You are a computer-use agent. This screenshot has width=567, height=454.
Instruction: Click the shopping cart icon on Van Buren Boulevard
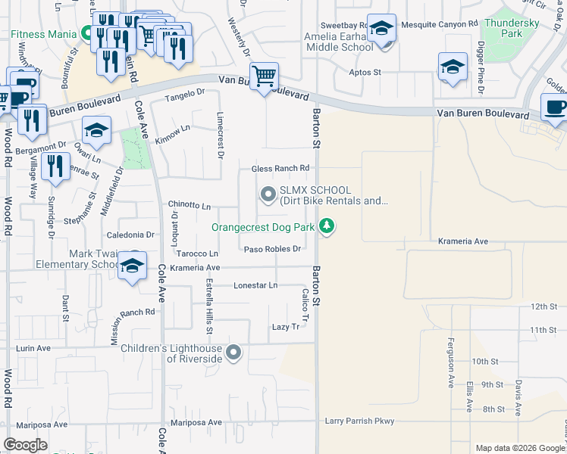(264, 76)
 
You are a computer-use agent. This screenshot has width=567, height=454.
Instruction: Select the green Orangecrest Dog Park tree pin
(327, 225)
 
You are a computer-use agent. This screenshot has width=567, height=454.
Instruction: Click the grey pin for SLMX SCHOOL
(268, 195)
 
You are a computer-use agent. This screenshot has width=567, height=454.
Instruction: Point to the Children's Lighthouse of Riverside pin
(234, 353)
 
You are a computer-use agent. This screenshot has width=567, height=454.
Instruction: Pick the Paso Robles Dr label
(273, 248)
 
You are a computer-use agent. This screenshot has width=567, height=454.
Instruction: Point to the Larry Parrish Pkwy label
(360, 421)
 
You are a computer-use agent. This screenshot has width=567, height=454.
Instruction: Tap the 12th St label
(544, 306)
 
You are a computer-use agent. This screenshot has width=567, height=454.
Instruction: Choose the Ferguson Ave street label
(450, 363)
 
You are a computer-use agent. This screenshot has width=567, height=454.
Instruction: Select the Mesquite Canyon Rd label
(440, 23)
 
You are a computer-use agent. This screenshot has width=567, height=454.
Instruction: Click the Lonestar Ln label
(255, 285)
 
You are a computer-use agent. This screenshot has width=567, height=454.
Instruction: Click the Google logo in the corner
(25, 445)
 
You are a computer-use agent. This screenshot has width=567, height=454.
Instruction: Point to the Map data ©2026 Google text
(519, 448)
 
